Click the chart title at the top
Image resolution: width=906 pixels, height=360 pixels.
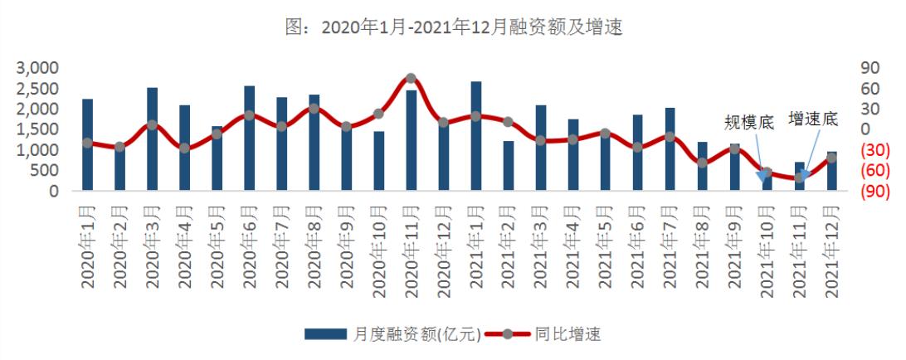(453, 27)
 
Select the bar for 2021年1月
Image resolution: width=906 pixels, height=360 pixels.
(476, 137)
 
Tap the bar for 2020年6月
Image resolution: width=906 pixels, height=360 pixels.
(249, 139)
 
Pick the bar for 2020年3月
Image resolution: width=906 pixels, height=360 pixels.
(152, 139)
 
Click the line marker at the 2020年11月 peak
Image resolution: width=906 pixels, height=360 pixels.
(412, 79)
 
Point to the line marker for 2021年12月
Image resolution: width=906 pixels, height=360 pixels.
(832, 158)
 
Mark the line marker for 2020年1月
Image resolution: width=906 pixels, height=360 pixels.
(87, 143)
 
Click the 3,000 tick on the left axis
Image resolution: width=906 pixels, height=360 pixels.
(39, 67)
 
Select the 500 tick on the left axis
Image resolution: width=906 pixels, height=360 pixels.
(44, 170)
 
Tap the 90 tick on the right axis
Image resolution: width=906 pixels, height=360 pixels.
(868, 67)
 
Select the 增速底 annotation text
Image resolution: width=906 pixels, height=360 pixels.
(813, 119)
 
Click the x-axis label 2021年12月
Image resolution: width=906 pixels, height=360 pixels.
(832, 249)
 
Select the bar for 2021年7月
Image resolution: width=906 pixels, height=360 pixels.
(670, 149)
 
